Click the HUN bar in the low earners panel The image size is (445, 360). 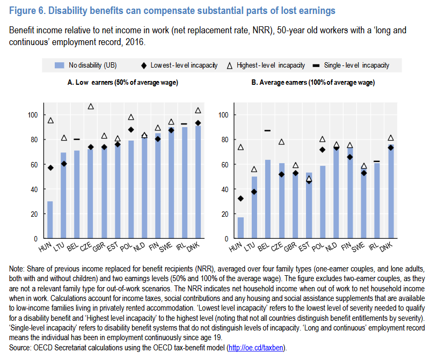tap(50, 219)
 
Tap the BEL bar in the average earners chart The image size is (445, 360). tap(267, 199)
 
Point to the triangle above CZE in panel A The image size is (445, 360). tap(91, 107)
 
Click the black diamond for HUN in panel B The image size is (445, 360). tap(240, 199)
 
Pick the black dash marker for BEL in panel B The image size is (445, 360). tap(267, 130)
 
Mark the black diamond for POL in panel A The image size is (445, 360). tap(130, 130)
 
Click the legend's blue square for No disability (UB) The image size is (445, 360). tap(60, 65)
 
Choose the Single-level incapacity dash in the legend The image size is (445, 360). tap(316, 65)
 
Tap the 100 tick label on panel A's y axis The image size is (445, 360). tap(33, 115)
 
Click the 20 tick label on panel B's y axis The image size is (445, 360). tap(225, 214)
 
